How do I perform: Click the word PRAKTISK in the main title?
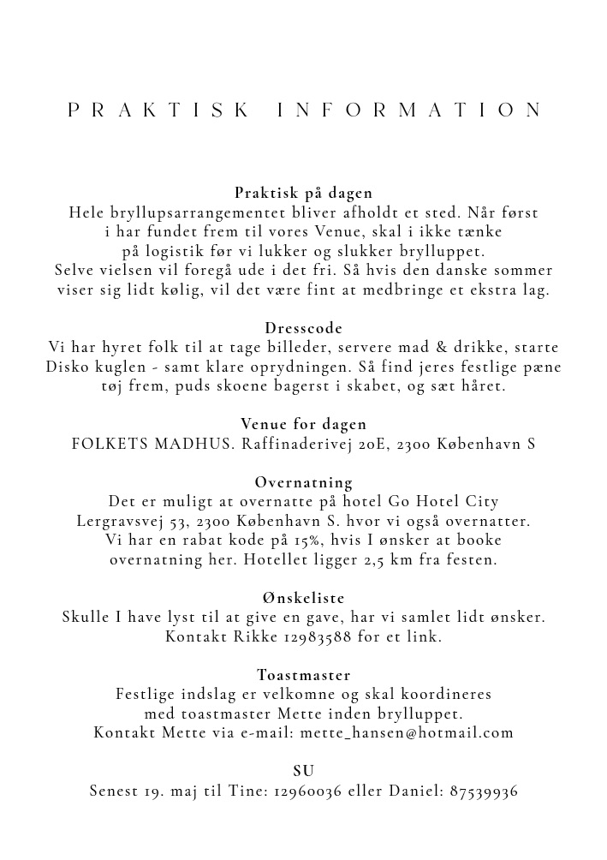[158, 110]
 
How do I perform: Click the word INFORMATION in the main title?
[410, 110]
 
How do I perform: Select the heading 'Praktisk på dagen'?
[303, 193]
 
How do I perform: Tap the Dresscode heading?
[303, 328]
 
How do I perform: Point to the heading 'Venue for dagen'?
[303, 424]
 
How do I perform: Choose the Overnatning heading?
[303, 482]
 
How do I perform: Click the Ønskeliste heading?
[303, 597]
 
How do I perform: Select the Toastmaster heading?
[303, 676]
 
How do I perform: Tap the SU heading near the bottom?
[303, 771]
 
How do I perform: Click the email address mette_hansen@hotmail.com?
[407, 732]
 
